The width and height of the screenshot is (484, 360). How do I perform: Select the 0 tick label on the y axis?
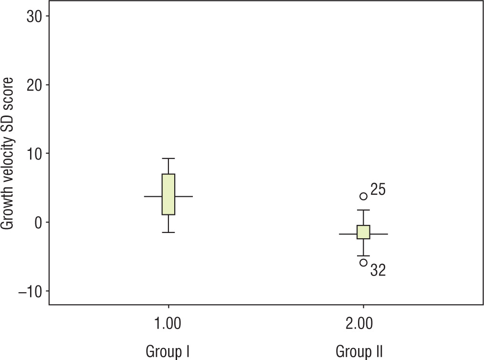pos(38,222)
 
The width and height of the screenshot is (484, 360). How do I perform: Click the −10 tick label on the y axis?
pos(29,291)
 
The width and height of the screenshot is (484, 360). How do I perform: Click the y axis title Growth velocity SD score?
pos(9,154)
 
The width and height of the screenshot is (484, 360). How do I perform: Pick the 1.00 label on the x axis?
pos(168,326)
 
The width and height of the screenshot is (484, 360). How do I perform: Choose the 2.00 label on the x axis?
pos(363,326)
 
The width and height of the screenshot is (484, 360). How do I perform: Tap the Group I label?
pos(168,352)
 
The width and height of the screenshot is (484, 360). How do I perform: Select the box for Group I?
pos(168,194)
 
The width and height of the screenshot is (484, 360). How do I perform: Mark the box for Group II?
pos(363,232)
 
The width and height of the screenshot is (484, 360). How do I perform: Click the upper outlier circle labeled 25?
pos(363,196)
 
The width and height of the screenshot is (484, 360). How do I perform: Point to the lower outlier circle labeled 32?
pos(363,262)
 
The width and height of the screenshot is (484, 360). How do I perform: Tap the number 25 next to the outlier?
pos(378,190)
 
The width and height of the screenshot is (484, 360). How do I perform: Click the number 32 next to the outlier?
pos(378,271)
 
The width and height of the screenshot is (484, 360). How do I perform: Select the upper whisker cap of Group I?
pos(168,159)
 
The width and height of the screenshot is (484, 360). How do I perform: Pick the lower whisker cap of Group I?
pos(168,233)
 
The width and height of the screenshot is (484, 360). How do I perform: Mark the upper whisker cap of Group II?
pos(363,210)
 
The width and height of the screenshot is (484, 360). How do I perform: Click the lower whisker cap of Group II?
pos(363,256)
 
